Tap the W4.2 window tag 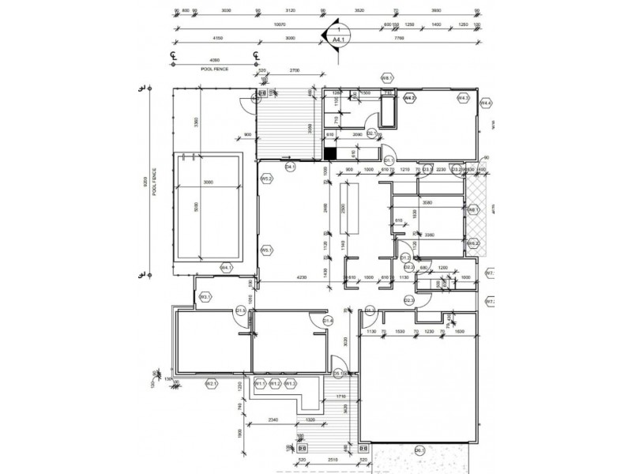[409, 98]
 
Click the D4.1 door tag [290, 167]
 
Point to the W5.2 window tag [267, 179]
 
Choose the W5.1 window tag [267, 250]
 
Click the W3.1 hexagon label [204, 297]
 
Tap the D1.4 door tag [328, 320]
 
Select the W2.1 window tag [211, 384]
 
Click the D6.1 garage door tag [419, 450]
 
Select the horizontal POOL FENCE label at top [214, 70]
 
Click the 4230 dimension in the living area [302, 276]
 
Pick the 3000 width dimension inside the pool [209, 182]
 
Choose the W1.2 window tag [274, 384]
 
